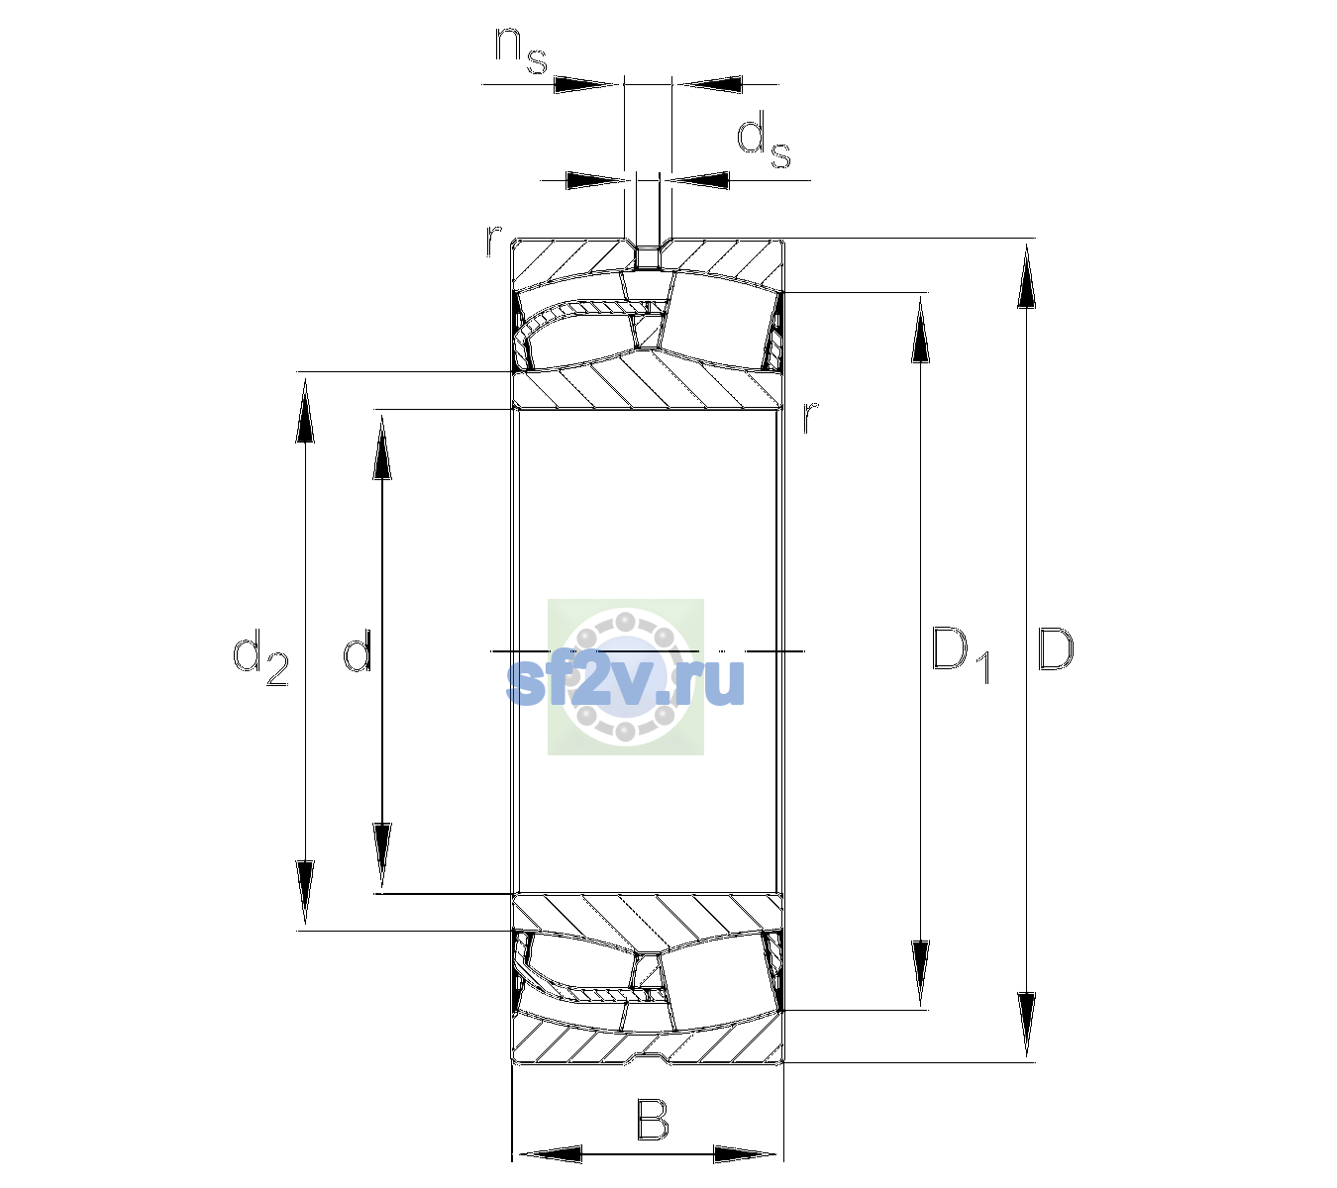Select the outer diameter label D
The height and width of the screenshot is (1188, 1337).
(1055, 649)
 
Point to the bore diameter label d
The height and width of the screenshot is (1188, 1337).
(357, 649)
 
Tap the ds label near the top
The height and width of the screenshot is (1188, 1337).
(763, 140)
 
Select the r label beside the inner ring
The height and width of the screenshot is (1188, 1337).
(810, 417)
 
